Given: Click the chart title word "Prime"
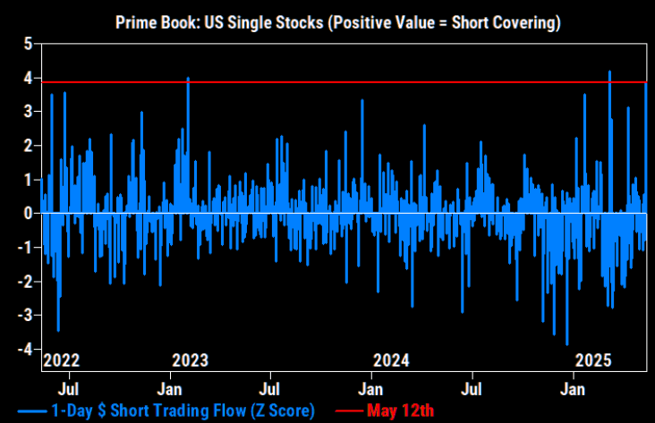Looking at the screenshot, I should point(136,21).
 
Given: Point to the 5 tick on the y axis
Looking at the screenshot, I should point(30,44).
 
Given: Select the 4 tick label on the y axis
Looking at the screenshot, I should point(30,79).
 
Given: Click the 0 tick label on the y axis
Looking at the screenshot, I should point(30,214).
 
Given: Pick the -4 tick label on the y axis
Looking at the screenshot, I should point(26,349).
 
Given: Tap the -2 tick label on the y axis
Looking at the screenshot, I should point(26,282).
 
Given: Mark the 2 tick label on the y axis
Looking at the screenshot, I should point(30,146).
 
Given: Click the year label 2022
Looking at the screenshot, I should point(62,361).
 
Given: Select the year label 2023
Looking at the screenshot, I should point(190,361).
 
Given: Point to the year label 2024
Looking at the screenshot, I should point(391,361).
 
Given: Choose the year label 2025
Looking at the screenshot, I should point(592,361).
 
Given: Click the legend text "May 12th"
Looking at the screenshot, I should point(400,410).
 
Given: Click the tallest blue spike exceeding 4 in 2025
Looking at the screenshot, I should point(609,72).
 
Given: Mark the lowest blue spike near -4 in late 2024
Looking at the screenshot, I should point(567,343).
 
